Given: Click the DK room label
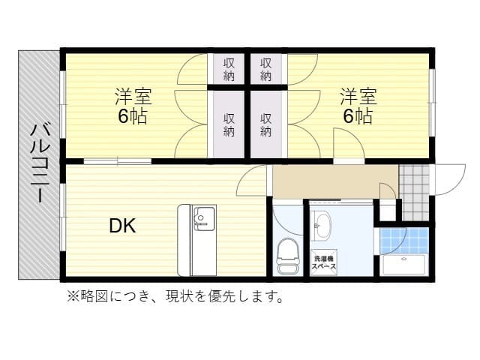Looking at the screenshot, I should [x=122, y=225].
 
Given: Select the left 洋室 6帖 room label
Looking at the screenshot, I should [x=133, y=106].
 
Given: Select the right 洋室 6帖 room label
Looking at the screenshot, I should [x=358, y=106].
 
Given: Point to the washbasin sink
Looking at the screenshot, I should [x=323, y=225].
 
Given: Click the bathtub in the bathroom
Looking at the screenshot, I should [x=403, y=265].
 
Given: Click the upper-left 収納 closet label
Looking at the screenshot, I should [x=229, y=70].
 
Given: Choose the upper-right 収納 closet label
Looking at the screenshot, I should [x=266, y=70].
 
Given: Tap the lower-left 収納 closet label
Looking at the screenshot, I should [x=229, y=124].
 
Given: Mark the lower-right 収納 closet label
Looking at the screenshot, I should [x=266, y=124].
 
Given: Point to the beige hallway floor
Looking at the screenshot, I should [x=334, y=181].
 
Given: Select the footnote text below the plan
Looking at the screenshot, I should [x=175, y=296].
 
